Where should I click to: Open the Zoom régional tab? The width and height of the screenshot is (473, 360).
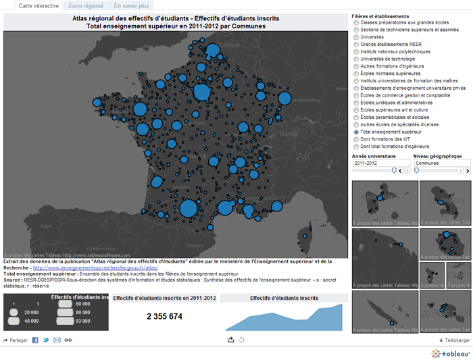click(86, 5)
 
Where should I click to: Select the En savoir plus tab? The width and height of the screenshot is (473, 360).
click(132, 5)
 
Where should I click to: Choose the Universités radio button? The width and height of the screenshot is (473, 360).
click(356, 37)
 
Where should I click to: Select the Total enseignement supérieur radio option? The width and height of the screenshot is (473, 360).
click(356, 132)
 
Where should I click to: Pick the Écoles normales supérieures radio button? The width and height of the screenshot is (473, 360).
click(356, 74)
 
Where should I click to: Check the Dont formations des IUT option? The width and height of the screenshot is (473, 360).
click(356, 139)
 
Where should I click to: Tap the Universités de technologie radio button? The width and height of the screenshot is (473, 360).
click(356, 59)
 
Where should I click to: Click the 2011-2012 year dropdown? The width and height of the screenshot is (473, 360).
click(380, 163)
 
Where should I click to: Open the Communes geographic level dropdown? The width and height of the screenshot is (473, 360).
click(441, 163)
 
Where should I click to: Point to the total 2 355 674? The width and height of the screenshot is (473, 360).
click(165, 317)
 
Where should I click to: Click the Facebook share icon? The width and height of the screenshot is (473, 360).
click(35, 340)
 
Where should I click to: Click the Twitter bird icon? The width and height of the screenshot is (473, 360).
click(46, 340)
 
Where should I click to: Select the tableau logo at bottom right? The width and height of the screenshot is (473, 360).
click(449, 353)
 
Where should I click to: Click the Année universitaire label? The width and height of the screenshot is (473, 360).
click(374, 155)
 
